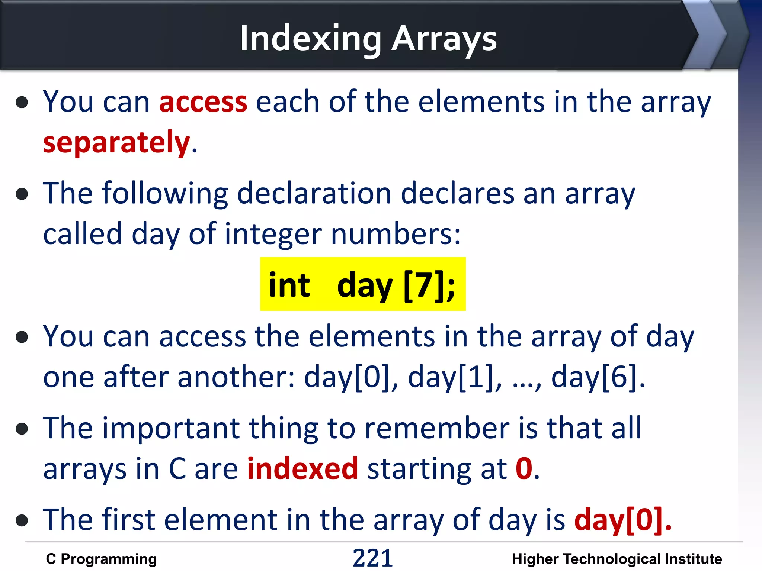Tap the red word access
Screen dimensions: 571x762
coord(203,101)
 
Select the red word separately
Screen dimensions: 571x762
coord(116,142)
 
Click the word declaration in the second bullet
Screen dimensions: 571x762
coord(314,193)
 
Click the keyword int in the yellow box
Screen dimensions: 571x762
coord(289,285)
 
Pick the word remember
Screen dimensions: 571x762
coord(437,428)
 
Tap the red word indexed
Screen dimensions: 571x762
coord(302,469)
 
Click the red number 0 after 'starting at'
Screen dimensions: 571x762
coord(524,469)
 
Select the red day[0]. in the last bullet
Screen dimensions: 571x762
coord(623,520)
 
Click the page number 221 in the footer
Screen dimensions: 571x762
coord(372,558)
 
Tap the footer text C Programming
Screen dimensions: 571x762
coord(101,559)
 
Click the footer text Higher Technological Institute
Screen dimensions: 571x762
coord(617,559)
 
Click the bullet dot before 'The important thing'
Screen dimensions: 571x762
coord(22,429)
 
